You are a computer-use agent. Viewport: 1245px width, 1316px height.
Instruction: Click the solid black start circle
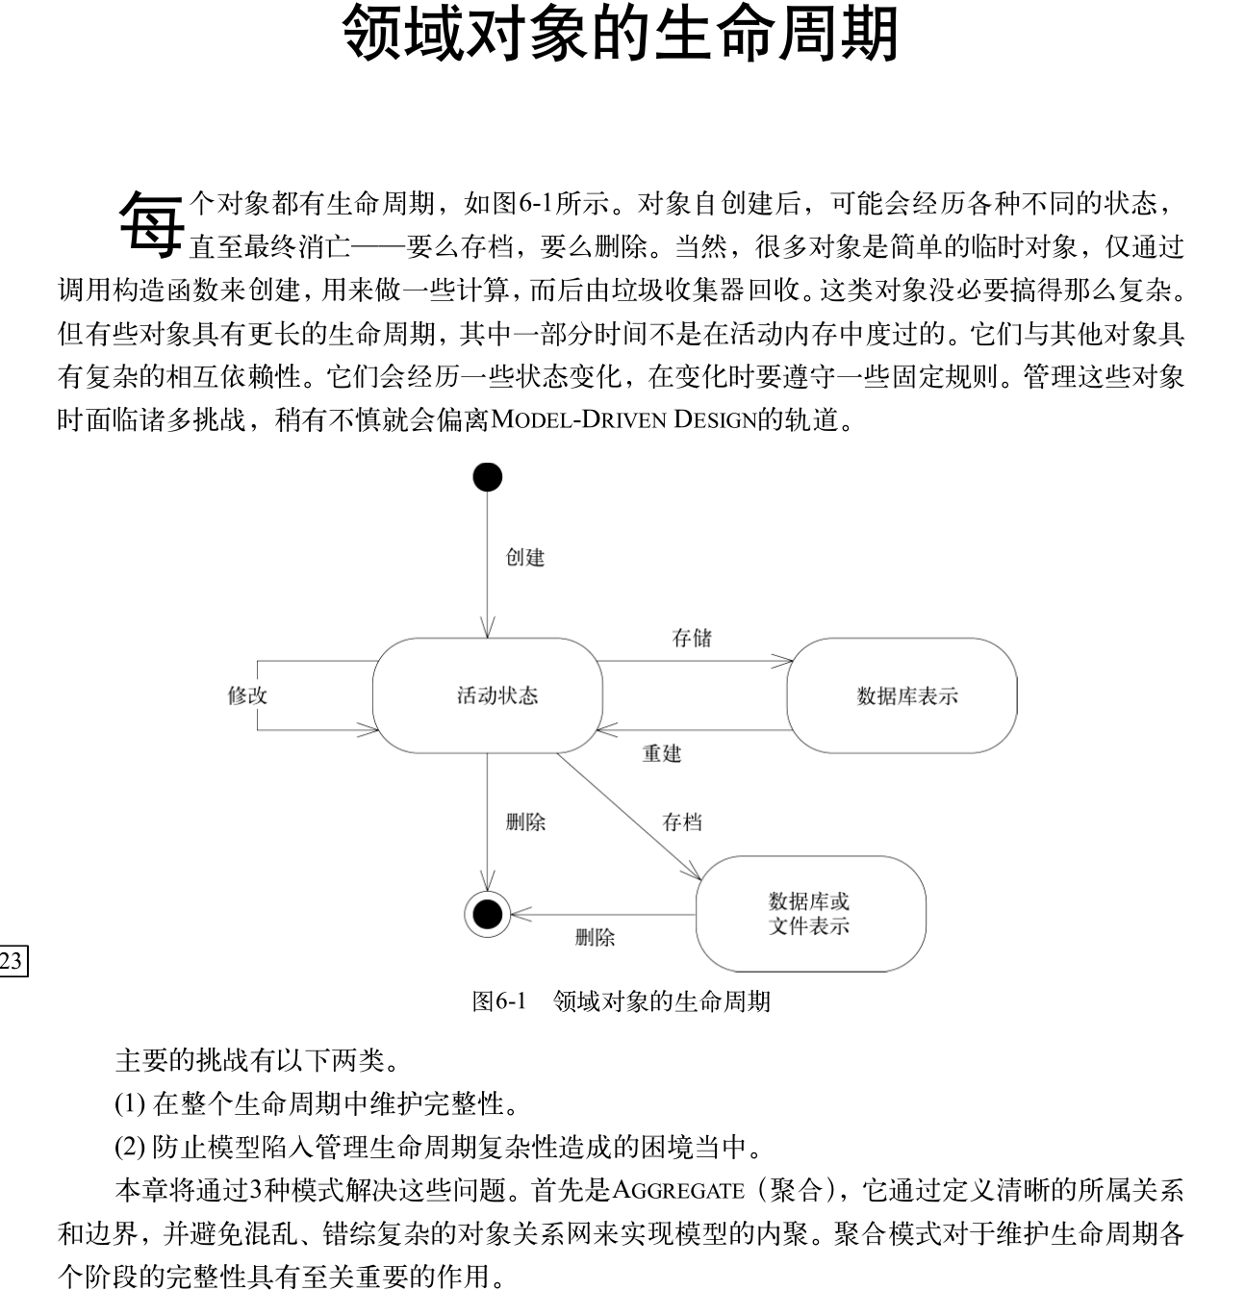click(488, 477)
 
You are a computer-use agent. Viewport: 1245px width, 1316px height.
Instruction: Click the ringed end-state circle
click(487, 913)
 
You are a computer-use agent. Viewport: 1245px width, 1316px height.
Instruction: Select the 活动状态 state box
click(488, 696)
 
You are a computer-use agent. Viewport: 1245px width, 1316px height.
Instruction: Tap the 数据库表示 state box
click(902, 696)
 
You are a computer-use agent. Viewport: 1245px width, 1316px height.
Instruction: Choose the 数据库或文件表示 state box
click(810, 914)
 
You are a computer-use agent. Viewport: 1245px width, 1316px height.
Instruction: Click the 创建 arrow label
click(525, 558)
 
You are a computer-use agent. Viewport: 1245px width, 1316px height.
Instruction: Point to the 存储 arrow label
click(692, 639)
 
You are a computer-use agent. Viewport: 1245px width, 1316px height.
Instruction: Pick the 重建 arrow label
click(662, 754)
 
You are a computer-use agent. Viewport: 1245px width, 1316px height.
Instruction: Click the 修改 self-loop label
click(247, 696)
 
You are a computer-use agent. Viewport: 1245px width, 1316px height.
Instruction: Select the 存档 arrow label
click(682, 822)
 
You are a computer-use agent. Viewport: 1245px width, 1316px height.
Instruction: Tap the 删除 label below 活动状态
click(525, 822)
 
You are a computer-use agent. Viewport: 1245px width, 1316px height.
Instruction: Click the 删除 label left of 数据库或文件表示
click(595, 938)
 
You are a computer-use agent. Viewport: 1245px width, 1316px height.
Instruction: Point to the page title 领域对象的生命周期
click(621, 34)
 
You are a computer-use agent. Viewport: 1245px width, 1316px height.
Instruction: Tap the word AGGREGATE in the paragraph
click(678, 1192)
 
